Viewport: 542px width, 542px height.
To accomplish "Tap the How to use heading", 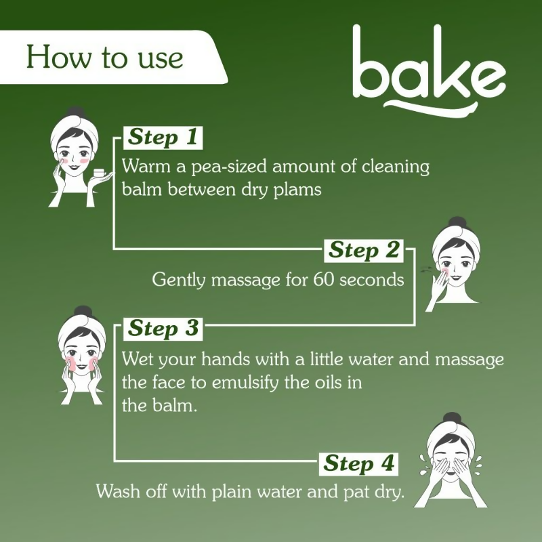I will [104, 57].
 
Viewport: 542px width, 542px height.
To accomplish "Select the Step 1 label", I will [163, 138].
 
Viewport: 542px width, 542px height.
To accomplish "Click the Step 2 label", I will [363, 250].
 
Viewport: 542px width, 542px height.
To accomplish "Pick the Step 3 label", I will [163, 329].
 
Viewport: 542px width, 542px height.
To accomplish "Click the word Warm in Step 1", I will [141, 167].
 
